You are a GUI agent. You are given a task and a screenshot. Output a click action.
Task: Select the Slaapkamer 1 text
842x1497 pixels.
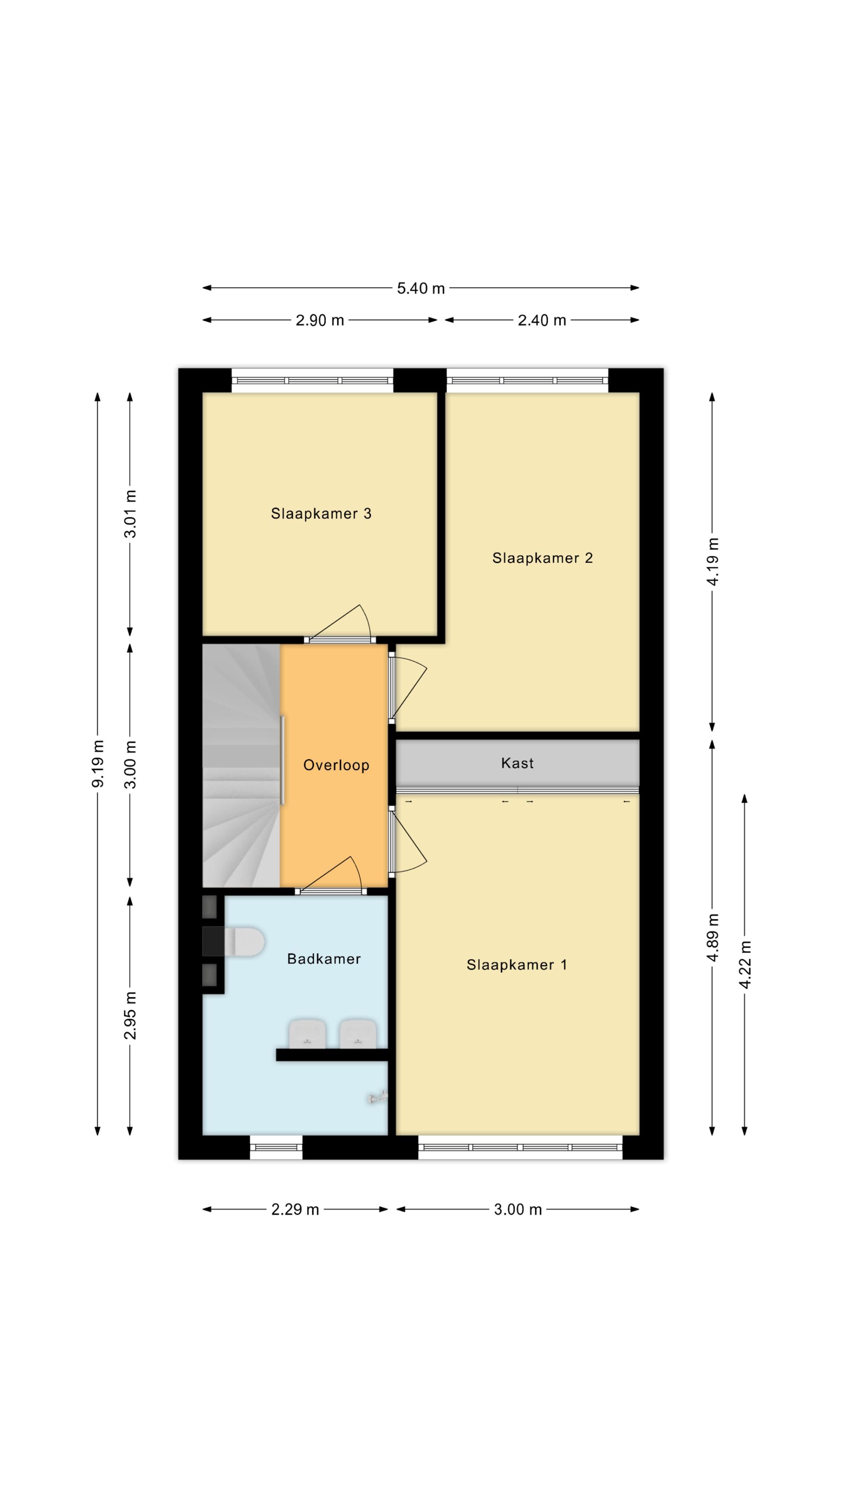click(x=517, y=965)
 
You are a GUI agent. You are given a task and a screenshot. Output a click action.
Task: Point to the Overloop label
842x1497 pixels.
click(x=336, y=765)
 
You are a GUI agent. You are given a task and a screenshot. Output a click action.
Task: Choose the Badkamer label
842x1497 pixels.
click(x=324, y=959)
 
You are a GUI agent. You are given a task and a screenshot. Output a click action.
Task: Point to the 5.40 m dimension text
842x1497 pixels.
click(x=421, y=288)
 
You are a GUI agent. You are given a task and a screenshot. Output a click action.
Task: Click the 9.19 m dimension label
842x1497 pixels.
click(x=97, y=764)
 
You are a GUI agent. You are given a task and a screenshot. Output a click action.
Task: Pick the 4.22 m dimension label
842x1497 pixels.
click(x=745, y=964)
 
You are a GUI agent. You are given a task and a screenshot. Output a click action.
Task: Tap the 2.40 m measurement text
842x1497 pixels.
click(x=541, y=320)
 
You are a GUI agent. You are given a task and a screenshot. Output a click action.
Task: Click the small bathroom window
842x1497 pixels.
click(x=276, y=1147)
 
